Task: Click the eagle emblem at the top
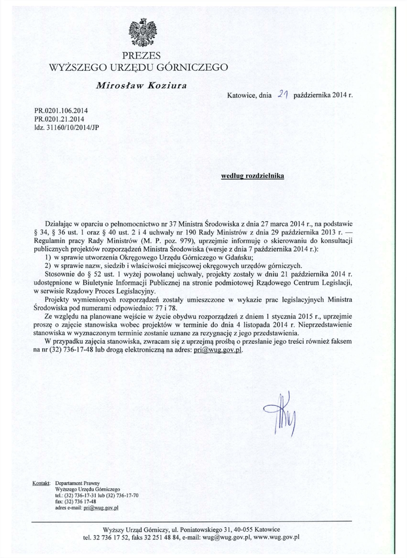click(142, 33)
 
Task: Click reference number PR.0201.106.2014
click(60, 111)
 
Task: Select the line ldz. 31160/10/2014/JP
click(62, 127)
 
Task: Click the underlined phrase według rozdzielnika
click(252, 177)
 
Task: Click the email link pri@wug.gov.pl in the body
click(218, 350)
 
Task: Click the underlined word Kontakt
click(41, 483)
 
